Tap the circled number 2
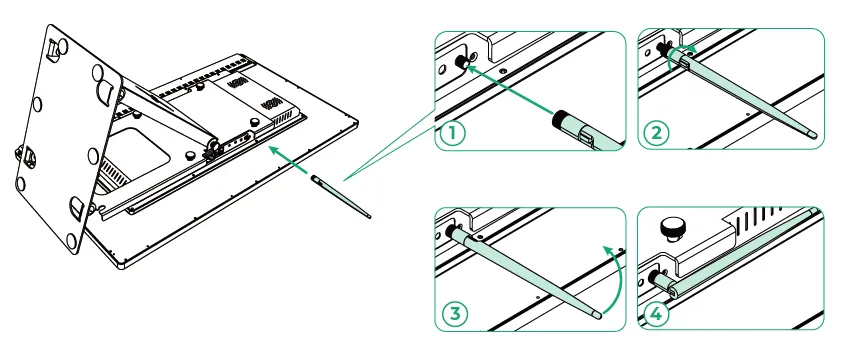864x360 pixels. pyautogui.click(x=657, y=133)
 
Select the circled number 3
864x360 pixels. pyautogui.click(x=455, y=314)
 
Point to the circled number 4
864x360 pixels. pyautogui.click(x=657, y=314)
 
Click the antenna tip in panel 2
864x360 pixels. pyautogui.click(x=814, y=133)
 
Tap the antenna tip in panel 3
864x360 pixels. pyautogui.click(x=597, y=316)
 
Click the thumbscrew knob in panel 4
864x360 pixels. pyautogui.click(x=672, y=229)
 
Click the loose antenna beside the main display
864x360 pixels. pyautogui.click(x=341, y=197)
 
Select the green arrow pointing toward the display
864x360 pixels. pyautogui.click(x=288, y=160)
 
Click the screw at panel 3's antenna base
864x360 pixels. pyautogui.click(x=480, y=237)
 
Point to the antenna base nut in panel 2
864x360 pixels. pyautogui.click(x=661, y=49)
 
